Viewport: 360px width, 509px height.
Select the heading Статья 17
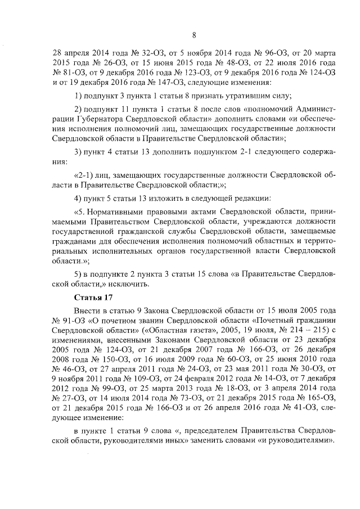click(x=94, y=297)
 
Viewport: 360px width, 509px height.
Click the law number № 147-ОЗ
click(x=166, y=82)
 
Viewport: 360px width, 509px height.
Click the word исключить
click(x=133, y=283)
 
